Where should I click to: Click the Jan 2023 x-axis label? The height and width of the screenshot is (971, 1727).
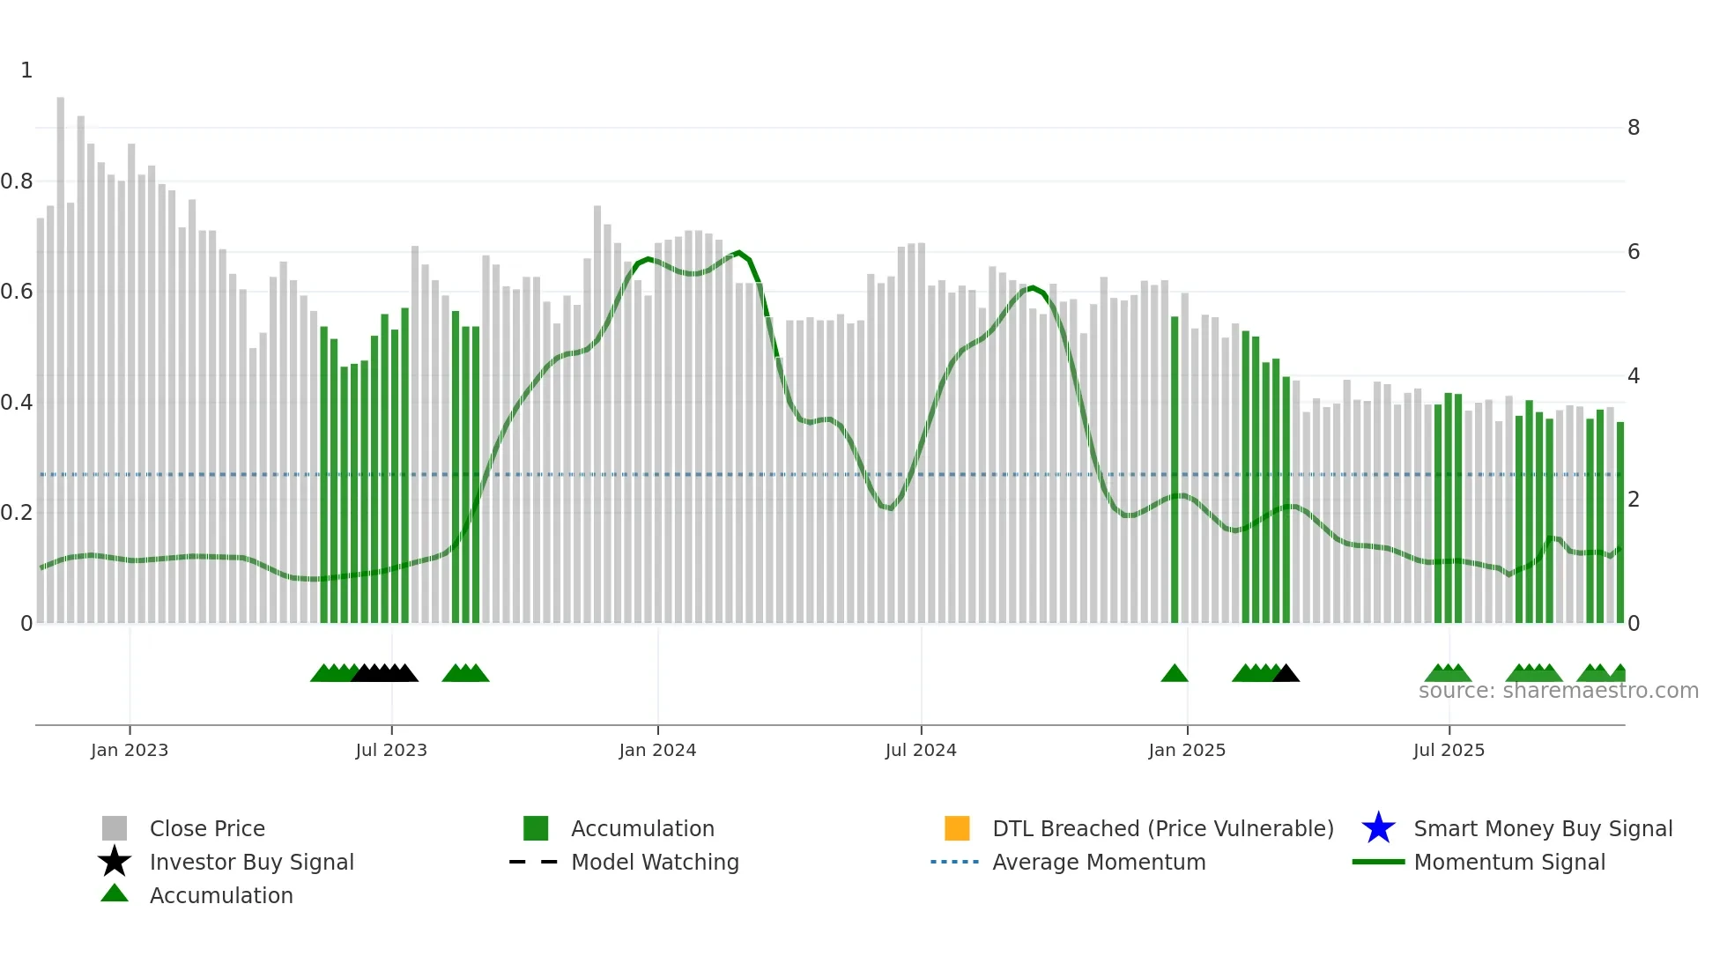(129, 750)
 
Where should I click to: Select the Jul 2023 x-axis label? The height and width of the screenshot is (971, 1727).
(391, 750)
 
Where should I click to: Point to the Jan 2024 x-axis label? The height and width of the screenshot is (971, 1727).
(657, 750)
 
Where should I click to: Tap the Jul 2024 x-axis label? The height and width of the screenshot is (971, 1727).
(921, 750)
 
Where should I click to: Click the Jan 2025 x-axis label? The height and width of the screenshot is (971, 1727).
(1187, 750)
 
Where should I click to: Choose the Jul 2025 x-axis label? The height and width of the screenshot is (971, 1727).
(1449, 750)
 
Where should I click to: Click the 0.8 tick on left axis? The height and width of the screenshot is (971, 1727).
(17, 182)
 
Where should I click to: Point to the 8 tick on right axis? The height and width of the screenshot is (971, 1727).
(1634, 128)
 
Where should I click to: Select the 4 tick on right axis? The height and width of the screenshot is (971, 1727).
(1634, 376)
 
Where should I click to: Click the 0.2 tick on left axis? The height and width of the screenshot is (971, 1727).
(17, 513)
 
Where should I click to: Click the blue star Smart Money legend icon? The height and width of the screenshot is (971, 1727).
(1378, 828)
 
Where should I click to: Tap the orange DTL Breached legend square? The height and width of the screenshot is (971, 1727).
(957, 828)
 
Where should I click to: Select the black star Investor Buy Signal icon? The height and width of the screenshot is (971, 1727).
(115, 862)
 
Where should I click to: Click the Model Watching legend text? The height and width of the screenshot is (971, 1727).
(655, 862)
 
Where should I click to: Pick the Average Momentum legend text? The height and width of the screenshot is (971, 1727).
(1099, 862)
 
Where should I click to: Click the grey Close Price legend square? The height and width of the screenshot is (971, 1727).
(115, 828)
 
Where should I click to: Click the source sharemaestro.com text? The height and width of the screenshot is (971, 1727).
(1558, 691)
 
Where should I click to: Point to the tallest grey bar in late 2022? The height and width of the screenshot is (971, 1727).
(61, 352)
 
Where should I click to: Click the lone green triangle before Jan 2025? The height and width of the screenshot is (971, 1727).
(1175, 674)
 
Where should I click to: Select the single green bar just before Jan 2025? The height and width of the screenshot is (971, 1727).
(1175, 467)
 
